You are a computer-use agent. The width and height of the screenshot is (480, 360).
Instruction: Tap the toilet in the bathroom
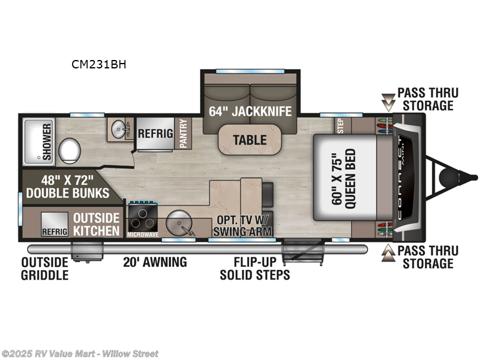coord(71,148)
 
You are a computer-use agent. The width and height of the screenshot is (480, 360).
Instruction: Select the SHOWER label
coord(46,142)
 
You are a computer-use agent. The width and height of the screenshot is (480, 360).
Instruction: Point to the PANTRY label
coord(183,133)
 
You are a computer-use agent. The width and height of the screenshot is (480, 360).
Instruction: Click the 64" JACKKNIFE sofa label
coord(250,111)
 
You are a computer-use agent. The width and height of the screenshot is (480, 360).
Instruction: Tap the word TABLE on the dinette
coord(250,140)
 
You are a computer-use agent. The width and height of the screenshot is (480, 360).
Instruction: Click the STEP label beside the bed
coord(340,125)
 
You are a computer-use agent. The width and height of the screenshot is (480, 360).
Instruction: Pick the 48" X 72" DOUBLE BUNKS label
coord(66,186)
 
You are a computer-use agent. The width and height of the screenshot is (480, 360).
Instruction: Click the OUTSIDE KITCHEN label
coord(96,224)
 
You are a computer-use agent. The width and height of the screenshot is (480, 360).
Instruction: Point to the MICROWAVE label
coord(143,235)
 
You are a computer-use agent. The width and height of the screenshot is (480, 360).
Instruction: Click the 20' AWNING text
coord(155,262)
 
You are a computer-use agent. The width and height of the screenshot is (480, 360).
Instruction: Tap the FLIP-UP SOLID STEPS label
coord(254,269)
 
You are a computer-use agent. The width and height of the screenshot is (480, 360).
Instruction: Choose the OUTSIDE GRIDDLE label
coord(45,269)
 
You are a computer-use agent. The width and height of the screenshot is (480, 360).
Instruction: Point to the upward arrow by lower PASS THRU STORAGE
coord(390,253)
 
